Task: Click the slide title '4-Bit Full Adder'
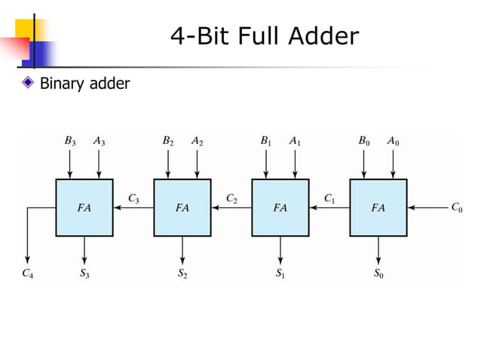pyautogui.click(x=265, y=35)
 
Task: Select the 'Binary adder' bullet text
pyautogui.click(x=84, y=83)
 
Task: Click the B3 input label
pyautogui.click(x=69, y=140)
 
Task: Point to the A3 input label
pyautogui.click(x=99, y=140)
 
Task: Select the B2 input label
pyautogui.click(x=167, y=140)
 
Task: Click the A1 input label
pyautogui.click(x=295, y=140)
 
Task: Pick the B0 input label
pyautogui.click(x=363, y=140)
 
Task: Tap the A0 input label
pyautogui.click(x=393, y=140)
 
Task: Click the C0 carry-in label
pyautogui.click(x=457, y=207)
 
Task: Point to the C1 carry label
pyautogui.click(x=329, y=198)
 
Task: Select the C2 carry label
pyautogui.click(x=231, y=198)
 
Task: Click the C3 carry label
pyautogui.click(x=133, y=198)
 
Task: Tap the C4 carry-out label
pyautogui.click(x=26, y=274)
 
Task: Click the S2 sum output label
pyautogui.click(x=182, y=274)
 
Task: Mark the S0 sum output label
pyautogui.click(x=378, y=274)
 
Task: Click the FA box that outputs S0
pyautogui.click(x=378, y=207)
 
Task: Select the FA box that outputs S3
pyautogui.click(x=84, y=207)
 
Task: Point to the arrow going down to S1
pyautogui.click(x=280, y=250)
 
